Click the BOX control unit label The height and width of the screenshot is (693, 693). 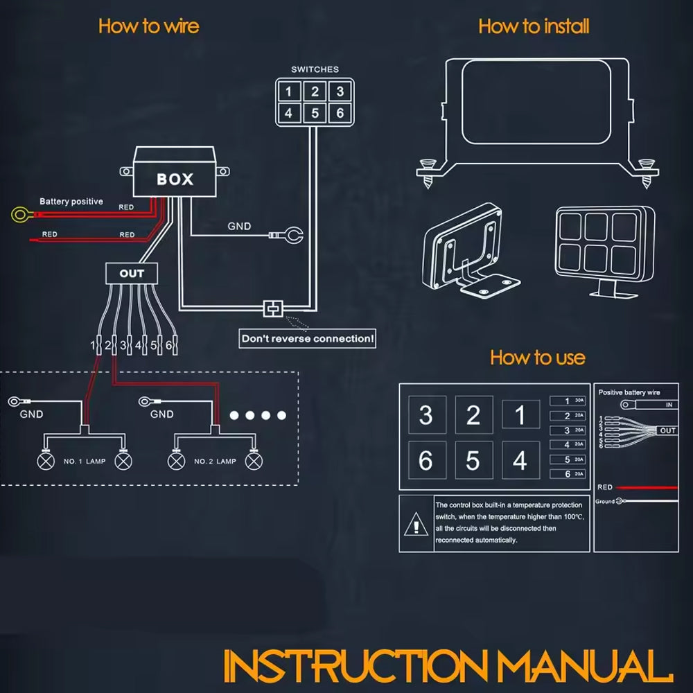pyautogui.click(x=175, y=179)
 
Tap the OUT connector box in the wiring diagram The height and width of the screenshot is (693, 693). pyautogui.click(x=132, y=273)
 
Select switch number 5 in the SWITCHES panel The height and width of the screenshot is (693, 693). pyautogui.click(x=315, y=112)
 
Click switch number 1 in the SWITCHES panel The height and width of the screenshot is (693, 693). pyautogui.click(x=289, y=91)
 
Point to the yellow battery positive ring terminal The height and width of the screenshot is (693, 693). pyautogui.click(x=20, y=214)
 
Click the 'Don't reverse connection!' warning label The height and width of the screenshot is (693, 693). pyautogui.click(x=308, y=339)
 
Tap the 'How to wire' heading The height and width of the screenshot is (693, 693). pyautogui.click(x=148, y=26)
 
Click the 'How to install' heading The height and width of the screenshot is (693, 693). pyautogui.click(x=534, y=26)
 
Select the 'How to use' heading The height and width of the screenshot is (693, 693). pyautogui.click(x=537, y=358)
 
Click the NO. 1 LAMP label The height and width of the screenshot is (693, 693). pyautogui.click(x=85, y=462)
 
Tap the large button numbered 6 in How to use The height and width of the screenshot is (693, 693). pyautogui.click(x=426, y=460)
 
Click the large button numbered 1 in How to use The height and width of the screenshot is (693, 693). pyautogui.click(x=520, y=415)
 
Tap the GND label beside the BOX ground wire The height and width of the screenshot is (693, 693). pyautogui.click(x=239, y=227)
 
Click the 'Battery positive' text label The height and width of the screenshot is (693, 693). pyautogui.click(x=71, y=202)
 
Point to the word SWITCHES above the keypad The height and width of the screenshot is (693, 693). pyautogui.click(x=315, y=69)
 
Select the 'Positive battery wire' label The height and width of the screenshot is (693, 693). pyautogui.click(x=629, y=392)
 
